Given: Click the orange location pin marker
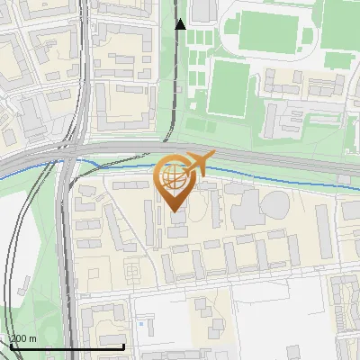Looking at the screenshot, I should pos(174,184).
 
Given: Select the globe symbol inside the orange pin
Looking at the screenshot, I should pos(174,177).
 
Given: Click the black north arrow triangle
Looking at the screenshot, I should pos(180,24).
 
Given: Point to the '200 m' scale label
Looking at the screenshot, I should pos(22,338).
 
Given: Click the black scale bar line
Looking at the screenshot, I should pos(67,346).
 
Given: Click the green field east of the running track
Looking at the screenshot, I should pos(340,36).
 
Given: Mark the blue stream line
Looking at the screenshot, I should pos(108,162).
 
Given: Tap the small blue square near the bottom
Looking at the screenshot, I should pos(139,322).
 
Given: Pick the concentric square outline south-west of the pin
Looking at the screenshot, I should pos(133,268).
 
